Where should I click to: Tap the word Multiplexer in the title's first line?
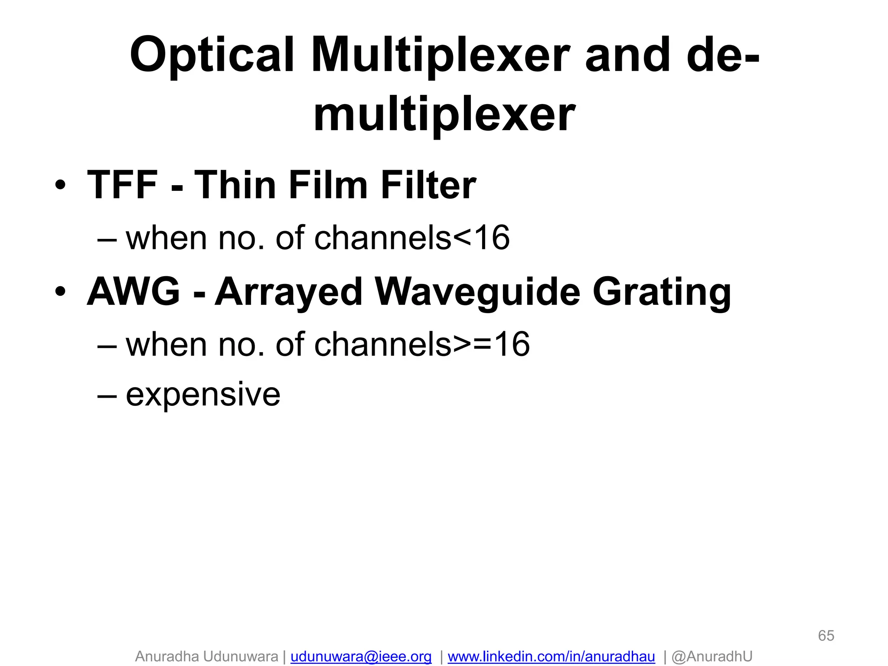click(x=440, y=55)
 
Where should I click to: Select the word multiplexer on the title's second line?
click(x=444, y=115)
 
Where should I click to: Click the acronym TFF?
click(x=122, y=185)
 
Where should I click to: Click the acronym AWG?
click(x=134, y=292)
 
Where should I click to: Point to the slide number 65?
click(x=826, y=636)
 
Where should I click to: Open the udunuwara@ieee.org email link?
click(x=361, y=656)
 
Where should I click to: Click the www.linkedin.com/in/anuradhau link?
click(x=551, y=656)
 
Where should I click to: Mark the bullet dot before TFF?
click(x=61, y=186)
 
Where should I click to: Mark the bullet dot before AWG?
click(x=61, y=292)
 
